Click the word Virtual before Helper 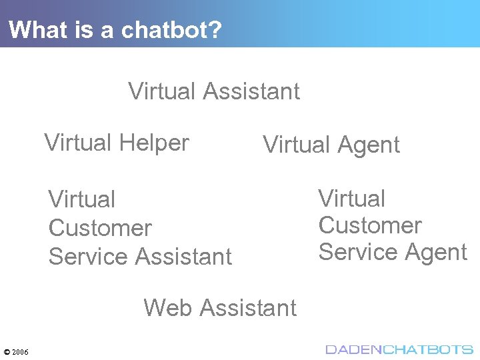pyautogui.click(x=77, y=143)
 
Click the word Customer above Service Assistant pyautogui.click(x=100, y=228)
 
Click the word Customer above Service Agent pyautogui.click(x=370, y=226)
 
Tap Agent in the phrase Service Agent pyautogui.click(x=437, y=253)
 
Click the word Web pyautogui.click(x=167, y=308)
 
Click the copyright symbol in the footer pyautogui.click(x=7, y=351)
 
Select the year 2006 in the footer pyautogui.click(x=20, y=351)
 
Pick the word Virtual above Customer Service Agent pyautogui.click(x=352, y=199)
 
